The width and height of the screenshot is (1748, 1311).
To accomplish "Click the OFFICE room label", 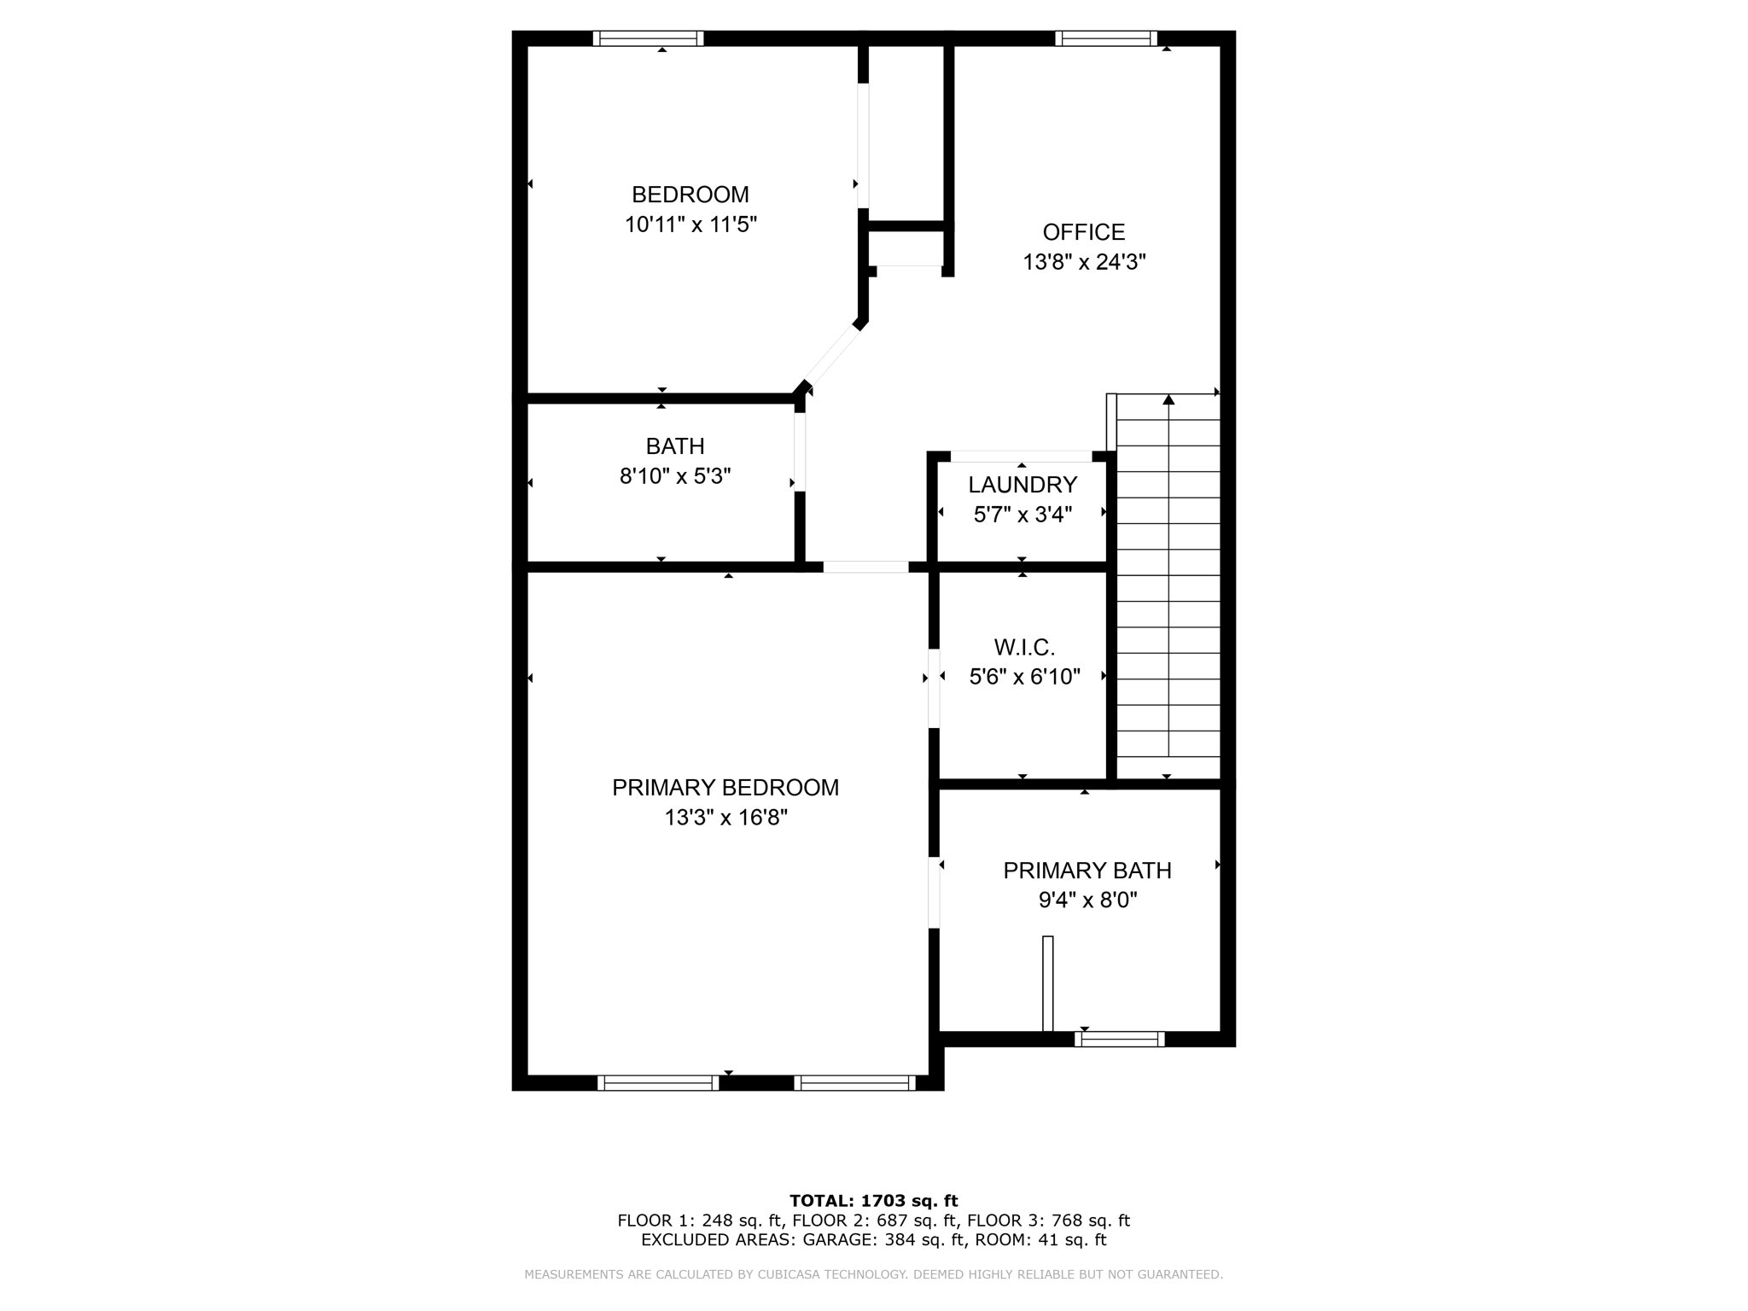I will (x=1083, y=232).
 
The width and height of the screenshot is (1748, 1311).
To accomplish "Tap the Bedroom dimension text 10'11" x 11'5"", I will (x=690, y=224).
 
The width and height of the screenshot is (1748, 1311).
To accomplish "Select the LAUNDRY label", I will (x=1022, y=485).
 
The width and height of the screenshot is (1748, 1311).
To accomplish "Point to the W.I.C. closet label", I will (x=1024, y=647).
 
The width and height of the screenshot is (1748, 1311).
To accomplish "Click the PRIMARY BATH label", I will (x=1087, y=871).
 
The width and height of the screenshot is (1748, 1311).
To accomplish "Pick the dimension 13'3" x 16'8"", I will (x=725, y=818).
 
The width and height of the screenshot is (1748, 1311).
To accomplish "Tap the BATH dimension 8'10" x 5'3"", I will (x=675, y=476).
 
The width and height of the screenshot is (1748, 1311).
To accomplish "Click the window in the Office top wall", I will (x=1105, y=38).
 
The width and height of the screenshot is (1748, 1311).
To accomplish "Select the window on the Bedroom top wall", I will (x=648, y=38).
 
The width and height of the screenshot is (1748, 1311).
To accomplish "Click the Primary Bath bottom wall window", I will (x=1119, y=1039).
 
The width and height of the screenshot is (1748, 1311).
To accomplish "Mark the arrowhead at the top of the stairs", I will (x=1168, y=399).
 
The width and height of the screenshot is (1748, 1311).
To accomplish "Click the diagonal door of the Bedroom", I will (x=832, y=357).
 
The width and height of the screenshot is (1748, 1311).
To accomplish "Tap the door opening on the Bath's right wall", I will (x=800, y=452).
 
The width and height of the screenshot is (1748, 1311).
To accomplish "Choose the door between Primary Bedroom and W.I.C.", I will (x=934, y=688).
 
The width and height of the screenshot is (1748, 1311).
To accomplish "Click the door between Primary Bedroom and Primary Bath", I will (x=934, y=892).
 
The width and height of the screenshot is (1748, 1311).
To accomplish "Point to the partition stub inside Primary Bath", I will (x=1047, y=983).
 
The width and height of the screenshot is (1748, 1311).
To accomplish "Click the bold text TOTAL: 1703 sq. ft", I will (x=873, y=1201).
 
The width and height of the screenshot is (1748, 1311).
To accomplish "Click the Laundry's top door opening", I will (x=1021, y=456).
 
